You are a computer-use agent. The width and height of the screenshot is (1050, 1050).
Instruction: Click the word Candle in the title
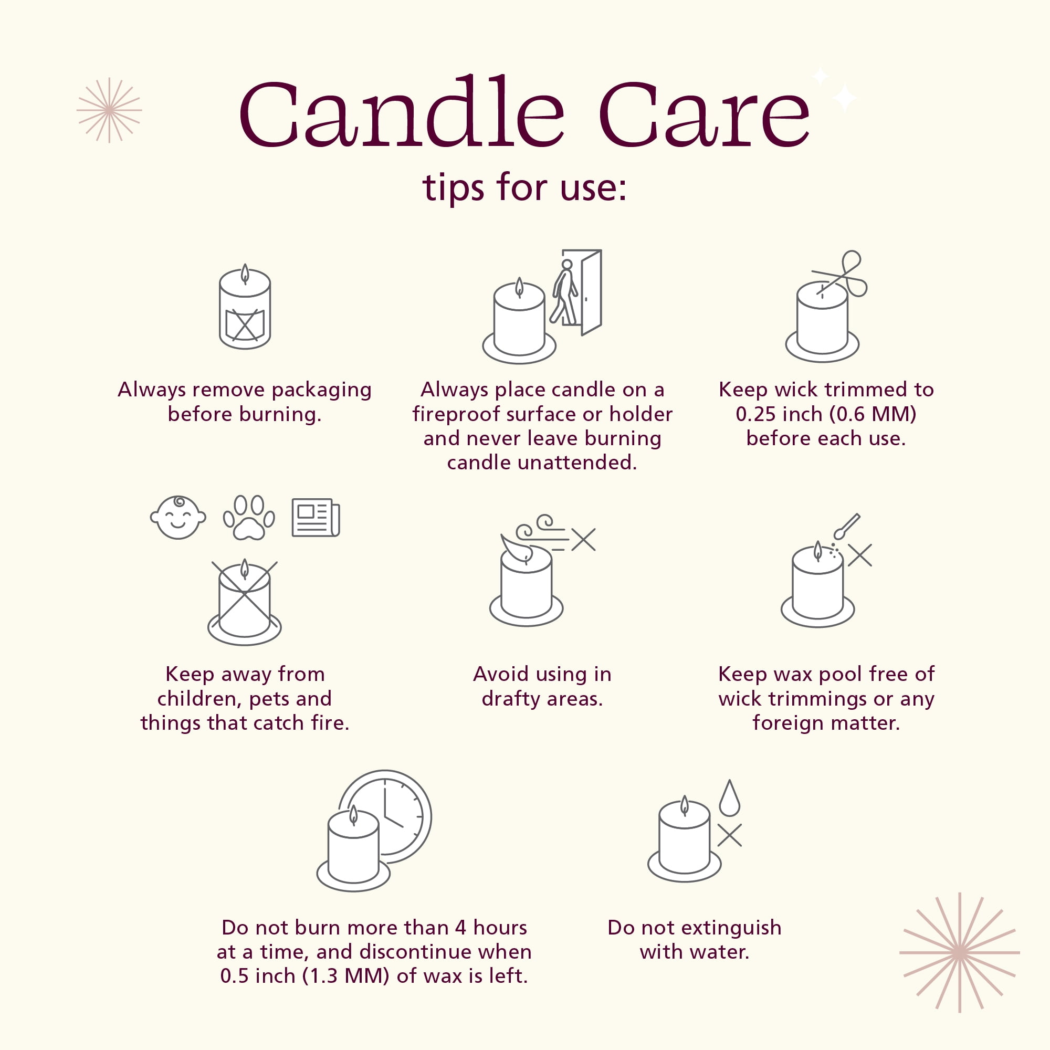click(402, 111)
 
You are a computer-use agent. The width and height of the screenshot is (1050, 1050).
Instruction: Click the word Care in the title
click(705, 114)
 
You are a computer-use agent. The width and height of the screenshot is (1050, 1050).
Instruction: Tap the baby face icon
click(178, 518)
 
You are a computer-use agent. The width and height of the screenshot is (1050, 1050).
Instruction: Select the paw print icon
click(249, 518)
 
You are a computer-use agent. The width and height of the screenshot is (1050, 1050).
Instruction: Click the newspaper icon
click(316, 518)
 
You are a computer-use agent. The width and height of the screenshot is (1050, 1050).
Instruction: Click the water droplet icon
click(729, 799)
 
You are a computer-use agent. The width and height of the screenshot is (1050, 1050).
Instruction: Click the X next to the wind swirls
click(584, 540)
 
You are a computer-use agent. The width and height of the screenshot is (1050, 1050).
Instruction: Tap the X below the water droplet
click(729, 835)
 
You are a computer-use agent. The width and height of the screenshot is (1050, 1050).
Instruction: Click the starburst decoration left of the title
click(109, 110)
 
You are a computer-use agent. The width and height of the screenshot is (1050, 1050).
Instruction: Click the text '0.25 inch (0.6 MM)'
click(826, 414)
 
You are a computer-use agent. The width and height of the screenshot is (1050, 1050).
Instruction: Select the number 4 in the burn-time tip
click(461, 928)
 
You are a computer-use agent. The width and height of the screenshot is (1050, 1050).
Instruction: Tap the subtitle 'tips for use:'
click(525, 187)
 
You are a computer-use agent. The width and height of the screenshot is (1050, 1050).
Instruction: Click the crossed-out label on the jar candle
click(245, 325)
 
